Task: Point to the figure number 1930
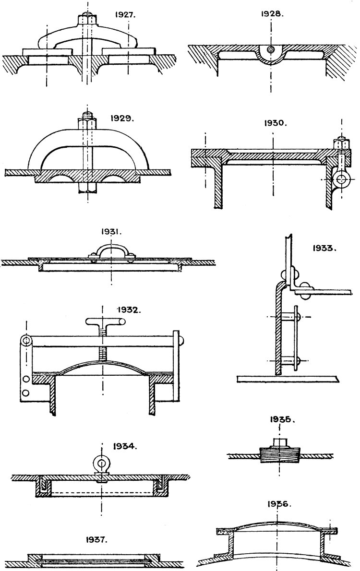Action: click(276, 123)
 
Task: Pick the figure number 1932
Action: click(129, 310)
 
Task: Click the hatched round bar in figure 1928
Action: click(272, 49)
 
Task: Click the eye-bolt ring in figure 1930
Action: click(342, 180)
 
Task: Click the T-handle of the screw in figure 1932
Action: click(102, 321)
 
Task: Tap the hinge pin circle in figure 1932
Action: click(26, 340)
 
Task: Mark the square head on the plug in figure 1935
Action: click(279, 441)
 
